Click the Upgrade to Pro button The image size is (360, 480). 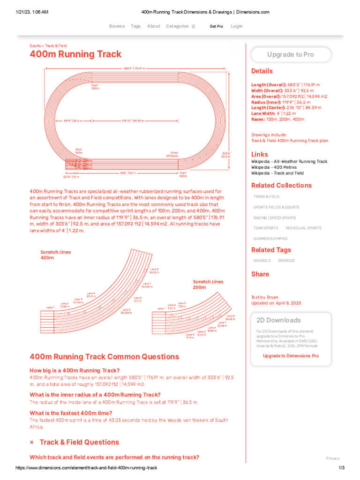tap(291, 55)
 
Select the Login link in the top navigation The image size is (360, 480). tap(237, 26)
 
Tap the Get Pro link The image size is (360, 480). tap(216, 26)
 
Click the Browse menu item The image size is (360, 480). tap(117, 26)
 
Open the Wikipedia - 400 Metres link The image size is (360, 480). tap(274, 167)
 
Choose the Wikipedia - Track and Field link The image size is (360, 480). tap(277, 173)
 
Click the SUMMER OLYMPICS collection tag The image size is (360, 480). tap(270, 239)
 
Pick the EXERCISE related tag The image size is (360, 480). tap(286, 261)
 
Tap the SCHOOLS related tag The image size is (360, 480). tap(262, 261)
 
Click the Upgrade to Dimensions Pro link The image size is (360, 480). tap(291, 356)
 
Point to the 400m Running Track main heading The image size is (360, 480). tap(75, 54)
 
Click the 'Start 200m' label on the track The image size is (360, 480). tap(95, 87)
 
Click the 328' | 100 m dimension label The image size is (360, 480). tap(127, 173)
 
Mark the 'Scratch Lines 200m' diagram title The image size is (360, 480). tap(208, 285)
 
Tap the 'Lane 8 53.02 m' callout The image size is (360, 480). tap(154, 270)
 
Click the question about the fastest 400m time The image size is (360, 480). tap(71, 413)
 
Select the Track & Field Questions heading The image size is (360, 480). tap(79, 442)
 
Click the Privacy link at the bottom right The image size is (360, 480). tap(333, 458)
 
